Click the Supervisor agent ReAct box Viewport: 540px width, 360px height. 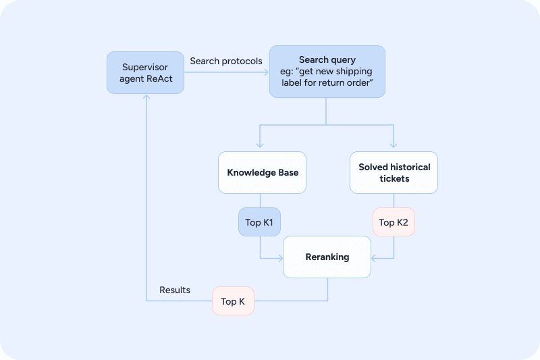[145, 73]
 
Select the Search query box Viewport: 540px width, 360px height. [327, 72]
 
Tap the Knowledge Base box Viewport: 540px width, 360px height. [262, 173]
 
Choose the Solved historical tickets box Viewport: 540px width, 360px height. [394, 173]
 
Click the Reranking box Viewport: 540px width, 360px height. [327, 257]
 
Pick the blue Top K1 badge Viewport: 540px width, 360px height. [259, 222]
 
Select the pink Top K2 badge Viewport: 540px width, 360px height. [394, 222]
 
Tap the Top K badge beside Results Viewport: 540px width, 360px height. [233, 301]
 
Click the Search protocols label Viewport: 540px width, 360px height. [226, 61]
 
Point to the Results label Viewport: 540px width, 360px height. [175, 290]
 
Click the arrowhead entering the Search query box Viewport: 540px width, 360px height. [266, 72]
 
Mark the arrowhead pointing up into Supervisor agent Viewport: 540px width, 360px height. [146, 97]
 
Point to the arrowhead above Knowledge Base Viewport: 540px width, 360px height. [260, 145]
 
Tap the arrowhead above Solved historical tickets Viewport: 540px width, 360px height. [394, 145]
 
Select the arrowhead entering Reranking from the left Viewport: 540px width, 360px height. [280, 258]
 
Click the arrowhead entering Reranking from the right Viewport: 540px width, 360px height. [374, 258]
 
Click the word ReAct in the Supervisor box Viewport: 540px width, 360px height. [159, 78]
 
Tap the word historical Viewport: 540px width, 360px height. [410, 167]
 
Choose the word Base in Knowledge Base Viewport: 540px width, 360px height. [288, 173]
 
